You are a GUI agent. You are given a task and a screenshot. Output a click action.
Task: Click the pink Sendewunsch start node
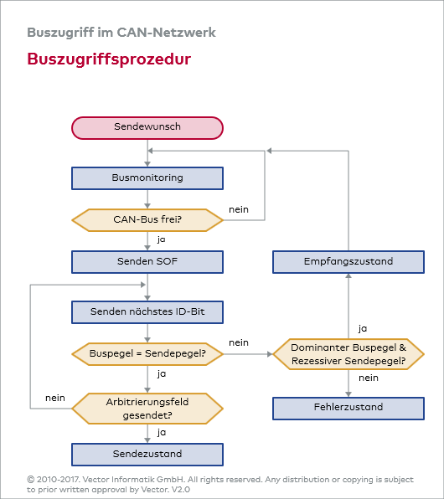point(147,127)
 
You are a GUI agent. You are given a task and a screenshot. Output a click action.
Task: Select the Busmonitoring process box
point(147,177)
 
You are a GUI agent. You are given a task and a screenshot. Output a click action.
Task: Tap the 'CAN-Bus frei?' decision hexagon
point(147,220)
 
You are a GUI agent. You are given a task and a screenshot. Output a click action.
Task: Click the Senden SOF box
point(147,262)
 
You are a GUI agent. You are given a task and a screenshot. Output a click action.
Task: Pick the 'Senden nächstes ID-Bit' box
point(147,312)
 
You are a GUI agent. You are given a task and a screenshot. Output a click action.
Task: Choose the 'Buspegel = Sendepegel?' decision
point(147,354)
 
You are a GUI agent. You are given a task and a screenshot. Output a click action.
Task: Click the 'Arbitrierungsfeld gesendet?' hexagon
point(147,408)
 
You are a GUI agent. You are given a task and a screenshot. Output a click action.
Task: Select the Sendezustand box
point(147,455)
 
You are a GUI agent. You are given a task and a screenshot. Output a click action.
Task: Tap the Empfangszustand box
point(348,262)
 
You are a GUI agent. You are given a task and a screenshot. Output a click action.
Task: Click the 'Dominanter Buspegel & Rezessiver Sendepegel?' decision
point(348,354)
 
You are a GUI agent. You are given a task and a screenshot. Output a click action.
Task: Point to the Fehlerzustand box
point(348,408)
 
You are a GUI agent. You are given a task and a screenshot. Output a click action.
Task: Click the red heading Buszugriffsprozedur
point(108,59)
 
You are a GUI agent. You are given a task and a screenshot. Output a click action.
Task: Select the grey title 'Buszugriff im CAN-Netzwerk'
point(121,33)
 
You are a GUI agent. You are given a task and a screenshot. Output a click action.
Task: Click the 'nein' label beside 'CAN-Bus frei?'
point(238,209)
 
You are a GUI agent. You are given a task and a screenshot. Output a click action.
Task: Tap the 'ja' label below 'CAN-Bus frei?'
point(161,239)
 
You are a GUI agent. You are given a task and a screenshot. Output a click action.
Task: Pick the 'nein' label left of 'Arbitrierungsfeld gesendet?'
point(55,397)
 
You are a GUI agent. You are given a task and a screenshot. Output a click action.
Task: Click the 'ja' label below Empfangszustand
point(362,328)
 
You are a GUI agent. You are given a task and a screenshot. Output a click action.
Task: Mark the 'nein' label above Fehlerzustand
point(368,378)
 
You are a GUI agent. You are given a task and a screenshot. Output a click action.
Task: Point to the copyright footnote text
point(219,484)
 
